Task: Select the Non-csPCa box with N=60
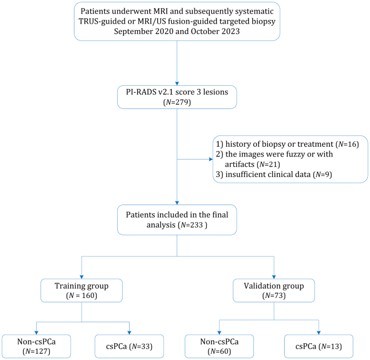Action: (219, 346)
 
